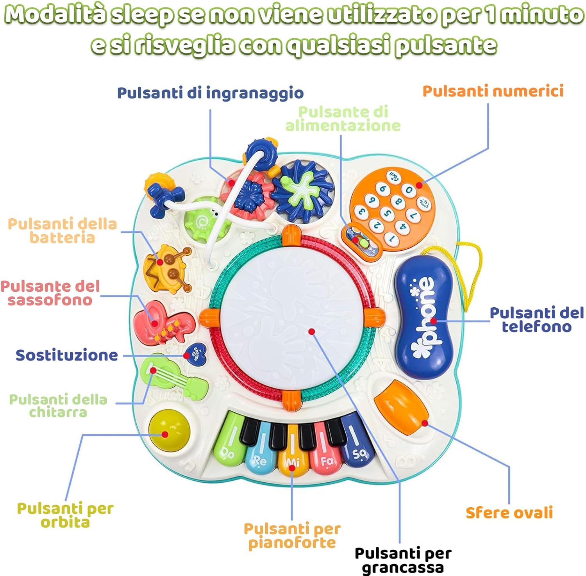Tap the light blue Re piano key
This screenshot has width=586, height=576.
click(260, 453)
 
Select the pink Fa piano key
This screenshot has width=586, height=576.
click(325, 453)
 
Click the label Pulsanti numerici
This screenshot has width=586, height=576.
click(493, 91)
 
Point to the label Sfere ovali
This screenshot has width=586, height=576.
click(509, 512)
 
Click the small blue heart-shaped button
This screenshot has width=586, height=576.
click(195, 353)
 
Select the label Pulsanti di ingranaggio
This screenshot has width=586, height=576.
click(210, 93)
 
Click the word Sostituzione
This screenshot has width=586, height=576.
click(67, 355)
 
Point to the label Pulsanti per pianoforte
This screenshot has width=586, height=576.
click(292, 535)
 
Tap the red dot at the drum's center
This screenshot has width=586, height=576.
click(311, 332)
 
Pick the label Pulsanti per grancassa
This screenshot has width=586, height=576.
click(403, 560)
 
